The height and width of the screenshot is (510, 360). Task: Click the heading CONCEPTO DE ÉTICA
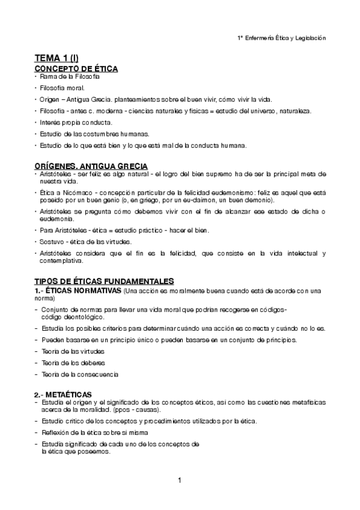tap(76, 69)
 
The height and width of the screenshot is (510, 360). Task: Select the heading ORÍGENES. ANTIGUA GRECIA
tap(91, 165)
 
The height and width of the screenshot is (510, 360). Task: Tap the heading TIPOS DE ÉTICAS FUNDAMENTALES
tap(103, 281)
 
